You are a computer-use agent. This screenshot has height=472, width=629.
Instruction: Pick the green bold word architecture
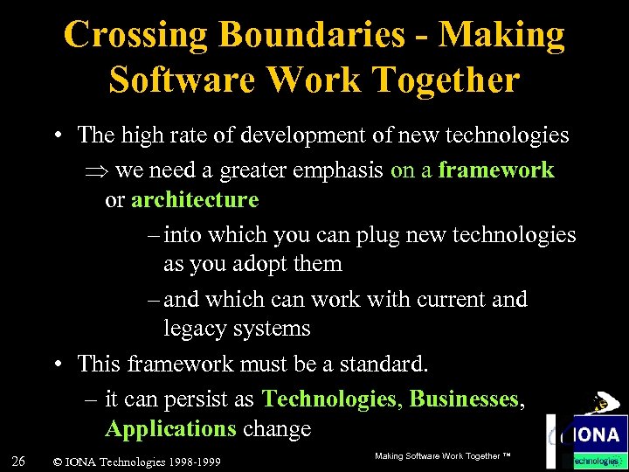tap(195, 200)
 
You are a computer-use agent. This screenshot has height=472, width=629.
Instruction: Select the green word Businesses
tap(464, 399)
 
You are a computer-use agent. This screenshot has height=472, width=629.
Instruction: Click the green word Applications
tap(170, 429)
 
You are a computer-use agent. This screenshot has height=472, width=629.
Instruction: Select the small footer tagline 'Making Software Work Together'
tap(442, 457)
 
